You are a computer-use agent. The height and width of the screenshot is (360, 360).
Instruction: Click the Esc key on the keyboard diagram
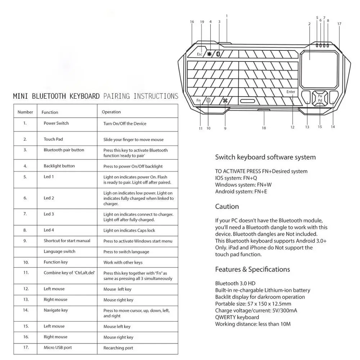pyautogui.click(x=199, y=54)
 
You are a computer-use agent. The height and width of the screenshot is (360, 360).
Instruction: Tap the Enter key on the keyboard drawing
pyautogui.click(x=291, y=92)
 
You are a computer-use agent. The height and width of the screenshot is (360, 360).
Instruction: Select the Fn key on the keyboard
pyautogui.click(x=199, y=100)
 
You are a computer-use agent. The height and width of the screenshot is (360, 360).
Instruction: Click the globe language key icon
pyautogui.click(x=208, y=100)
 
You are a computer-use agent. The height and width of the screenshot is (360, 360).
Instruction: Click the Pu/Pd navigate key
pyautogui.click(x=320, y=98)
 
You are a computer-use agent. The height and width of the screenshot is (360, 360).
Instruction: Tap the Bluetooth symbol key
pyautogui.click(x=219, y=54)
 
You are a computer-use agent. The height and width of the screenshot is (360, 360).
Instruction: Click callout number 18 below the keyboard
pyautogui.click(x=264, y=128)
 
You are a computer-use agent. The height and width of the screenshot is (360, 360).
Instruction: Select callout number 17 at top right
pyautogui.click(x=339, y=24)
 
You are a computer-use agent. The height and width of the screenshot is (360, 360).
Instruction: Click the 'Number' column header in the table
pyautogui.click(x=25, y=112)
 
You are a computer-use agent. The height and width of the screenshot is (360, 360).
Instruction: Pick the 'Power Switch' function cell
pyautogui.click(x=56, y=123)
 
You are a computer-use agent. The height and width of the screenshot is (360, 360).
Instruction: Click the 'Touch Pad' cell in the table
pyautogui.click(x=53, y=139)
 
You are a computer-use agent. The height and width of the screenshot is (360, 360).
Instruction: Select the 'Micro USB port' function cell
pyautogui.click(x=58, y=347)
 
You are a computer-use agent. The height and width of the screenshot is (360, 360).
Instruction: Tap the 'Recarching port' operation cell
pyautogui.click(x=118, y=348)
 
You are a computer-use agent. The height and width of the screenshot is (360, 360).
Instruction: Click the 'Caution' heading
pyautogui.click(x=227, y=207)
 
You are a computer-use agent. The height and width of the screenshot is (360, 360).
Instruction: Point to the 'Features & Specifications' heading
pyautogui.click(x=252, y=269)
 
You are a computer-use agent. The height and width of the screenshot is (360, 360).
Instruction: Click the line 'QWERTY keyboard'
pyautogui.click(x=237, y=317)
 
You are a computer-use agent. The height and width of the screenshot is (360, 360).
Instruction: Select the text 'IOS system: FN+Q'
pyautogui.click(x=236, y=178)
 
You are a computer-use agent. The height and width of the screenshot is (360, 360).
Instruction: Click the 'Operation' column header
pyautogui.click(x=111, y=112)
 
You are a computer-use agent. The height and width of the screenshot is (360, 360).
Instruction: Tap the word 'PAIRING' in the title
pyautogui.click(x=117, y=96)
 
